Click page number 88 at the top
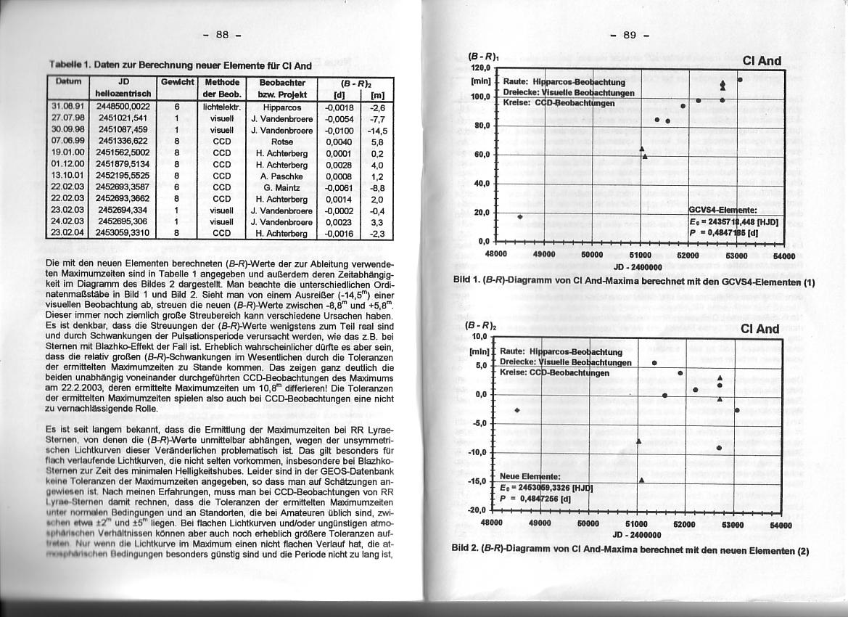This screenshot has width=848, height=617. pos(223,34)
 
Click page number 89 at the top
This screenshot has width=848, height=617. pos(629,34)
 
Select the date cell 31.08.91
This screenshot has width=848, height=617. pos(69,107)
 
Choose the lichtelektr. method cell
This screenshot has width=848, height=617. pos(221,107)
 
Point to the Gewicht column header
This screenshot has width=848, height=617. pos(176,83)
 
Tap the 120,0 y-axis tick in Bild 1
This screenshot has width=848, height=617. pos(482,66)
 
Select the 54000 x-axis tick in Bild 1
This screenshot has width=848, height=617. pos(783,256)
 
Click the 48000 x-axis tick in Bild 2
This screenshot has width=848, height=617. pos(492,523)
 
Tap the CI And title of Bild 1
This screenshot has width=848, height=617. pos(761,61)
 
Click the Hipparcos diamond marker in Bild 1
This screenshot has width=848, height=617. pos(520,216)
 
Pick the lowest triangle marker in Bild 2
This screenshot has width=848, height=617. pos(642,480)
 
